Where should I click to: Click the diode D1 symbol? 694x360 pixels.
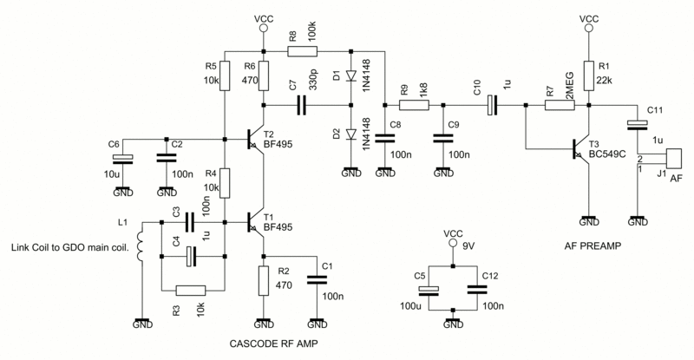[351, 77]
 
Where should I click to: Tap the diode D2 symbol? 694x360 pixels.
[351, 134]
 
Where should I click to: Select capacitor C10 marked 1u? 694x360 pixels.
[491, 106]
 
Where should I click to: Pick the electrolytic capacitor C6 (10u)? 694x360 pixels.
[123, 158]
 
